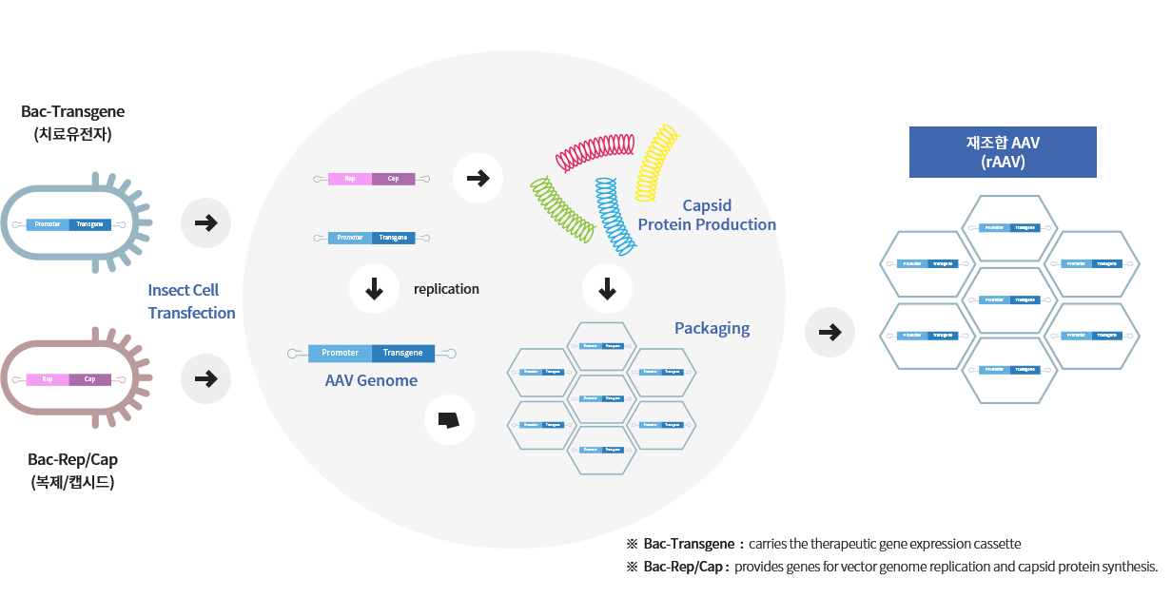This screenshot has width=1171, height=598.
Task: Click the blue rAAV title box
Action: pyautogui.click(x=1003, y=152)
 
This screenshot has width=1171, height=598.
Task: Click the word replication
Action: pyautogui.click(x=446, y=289)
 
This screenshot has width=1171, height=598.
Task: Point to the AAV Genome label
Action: pyautogui.click(x=371, y=380)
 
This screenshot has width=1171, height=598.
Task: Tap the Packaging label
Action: pyautogui.click(x=712, y=329)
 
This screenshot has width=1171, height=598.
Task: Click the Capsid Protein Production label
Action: pyautogui.click(x=707, y=215)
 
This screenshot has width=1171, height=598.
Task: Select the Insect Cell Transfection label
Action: pyautogui.click(x=191, y=301)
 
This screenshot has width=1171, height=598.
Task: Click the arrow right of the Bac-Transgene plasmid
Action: pyautogui.click(x=205, y=223)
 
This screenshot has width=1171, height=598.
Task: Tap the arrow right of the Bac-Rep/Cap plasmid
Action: pyautogui.click(x=205, y=378)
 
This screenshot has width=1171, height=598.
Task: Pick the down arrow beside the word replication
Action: pyautogui.click(x=375, y=289)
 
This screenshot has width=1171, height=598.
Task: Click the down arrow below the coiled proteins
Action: pyautogui.click(x=608, y=289)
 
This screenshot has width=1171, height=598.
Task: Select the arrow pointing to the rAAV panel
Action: pyautogui.click(x=829, y=332)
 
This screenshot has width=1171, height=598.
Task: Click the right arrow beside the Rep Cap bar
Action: pyautogui.click(x=478, y=177)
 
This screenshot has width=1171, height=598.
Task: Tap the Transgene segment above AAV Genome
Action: pyautogui.click(x=402, y=353)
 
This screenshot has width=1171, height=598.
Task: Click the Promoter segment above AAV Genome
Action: pyautogui.click(x=340, y=353)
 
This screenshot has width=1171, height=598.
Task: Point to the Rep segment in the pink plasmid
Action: pyautogui.click(x=48, y=379)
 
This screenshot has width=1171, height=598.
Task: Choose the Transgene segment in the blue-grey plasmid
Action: pyautogui.click(x=89, y=224)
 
